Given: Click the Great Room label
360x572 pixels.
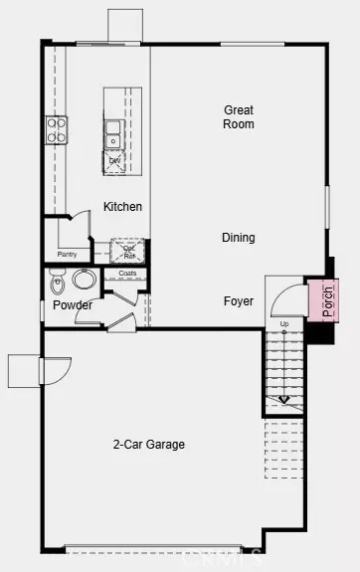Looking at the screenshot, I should (239, 117).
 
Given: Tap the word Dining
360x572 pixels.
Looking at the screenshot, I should (239, 238).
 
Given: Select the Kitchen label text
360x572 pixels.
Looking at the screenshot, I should (122, 207).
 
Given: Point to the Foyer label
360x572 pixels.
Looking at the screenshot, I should (238, 300).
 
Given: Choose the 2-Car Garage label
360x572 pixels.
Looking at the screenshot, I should (149, 445).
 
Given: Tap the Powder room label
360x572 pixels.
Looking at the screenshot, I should (73, 305).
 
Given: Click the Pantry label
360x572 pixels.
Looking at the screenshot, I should (68, 255).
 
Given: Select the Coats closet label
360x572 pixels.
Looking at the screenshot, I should (127, 273).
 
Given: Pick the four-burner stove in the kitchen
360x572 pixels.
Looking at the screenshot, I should (57, 130).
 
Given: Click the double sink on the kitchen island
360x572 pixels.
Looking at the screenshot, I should (113, 127).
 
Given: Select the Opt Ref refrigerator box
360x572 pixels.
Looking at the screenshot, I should (129, 251).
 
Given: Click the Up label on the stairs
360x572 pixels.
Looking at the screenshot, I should (284, 324).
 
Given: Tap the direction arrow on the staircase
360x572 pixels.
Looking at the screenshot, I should (284, 400).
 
